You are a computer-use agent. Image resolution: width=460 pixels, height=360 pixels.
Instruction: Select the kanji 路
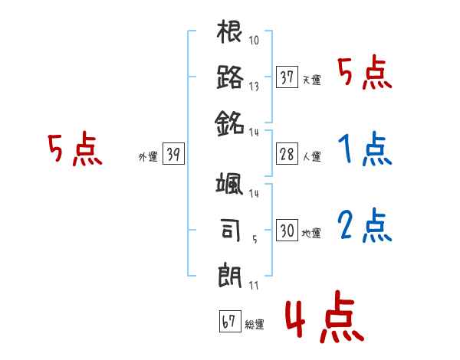[x=230, y=77]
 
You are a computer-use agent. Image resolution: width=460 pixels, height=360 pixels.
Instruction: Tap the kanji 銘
[x=230, y=122]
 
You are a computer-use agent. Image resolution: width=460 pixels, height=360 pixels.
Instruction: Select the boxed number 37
[x=287, y=77]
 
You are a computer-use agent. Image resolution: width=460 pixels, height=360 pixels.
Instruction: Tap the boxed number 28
[x=287, y=154]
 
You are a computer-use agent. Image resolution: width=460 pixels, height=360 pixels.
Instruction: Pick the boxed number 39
[x=172, y=154]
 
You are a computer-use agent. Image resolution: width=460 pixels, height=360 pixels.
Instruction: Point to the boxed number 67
[x=229, y=321]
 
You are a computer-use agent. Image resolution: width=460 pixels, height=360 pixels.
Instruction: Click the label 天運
[x=312, y=80]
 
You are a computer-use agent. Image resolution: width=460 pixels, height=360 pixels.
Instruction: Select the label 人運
[x=312, y=156]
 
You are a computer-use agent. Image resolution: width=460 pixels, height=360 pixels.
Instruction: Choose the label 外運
[x=148, y=156]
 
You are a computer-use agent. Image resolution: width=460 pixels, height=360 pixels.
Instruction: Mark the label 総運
[x=255, y=324]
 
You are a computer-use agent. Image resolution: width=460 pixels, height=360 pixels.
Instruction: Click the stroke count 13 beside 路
[x=254, y=87]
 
